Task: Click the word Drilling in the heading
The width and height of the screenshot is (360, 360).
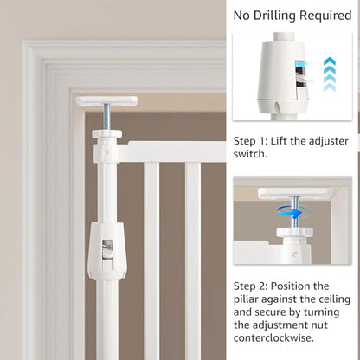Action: tap(274, 16)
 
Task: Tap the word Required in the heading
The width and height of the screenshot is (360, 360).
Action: tap(325, 15)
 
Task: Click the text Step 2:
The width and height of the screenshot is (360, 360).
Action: tap(250, 286)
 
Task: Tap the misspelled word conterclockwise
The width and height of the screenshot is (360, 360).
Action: tap(273, 337)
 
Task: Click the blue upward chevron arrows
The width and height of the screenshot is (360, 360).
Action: tap(330, 74)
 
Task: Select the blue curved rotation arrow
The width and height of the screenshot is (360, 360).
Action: tap(292, 213)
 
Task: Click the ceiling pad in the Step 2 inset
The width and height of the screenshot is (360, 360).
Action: tap(296, 193)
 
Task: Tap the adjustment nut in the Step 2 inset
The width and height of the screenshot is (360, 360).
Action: tap(295, 232)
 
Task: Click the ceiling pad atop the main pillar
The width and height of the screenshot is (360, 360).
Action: tap(106, 100)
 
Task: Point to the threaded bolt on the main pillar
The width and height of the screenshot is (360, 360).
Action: tap(106, 117)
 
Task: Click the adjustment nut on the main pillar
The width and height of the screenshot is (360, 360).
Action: tap(106, 133)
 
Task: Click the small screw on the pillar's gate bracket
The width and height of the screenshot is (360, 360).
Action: tap(106, 152)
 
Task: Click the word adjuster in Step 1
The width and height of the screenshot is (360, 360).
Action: tap(329, 141)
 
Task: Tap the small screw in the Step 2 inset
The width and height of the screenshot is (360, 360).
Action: tap(295, 254)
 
